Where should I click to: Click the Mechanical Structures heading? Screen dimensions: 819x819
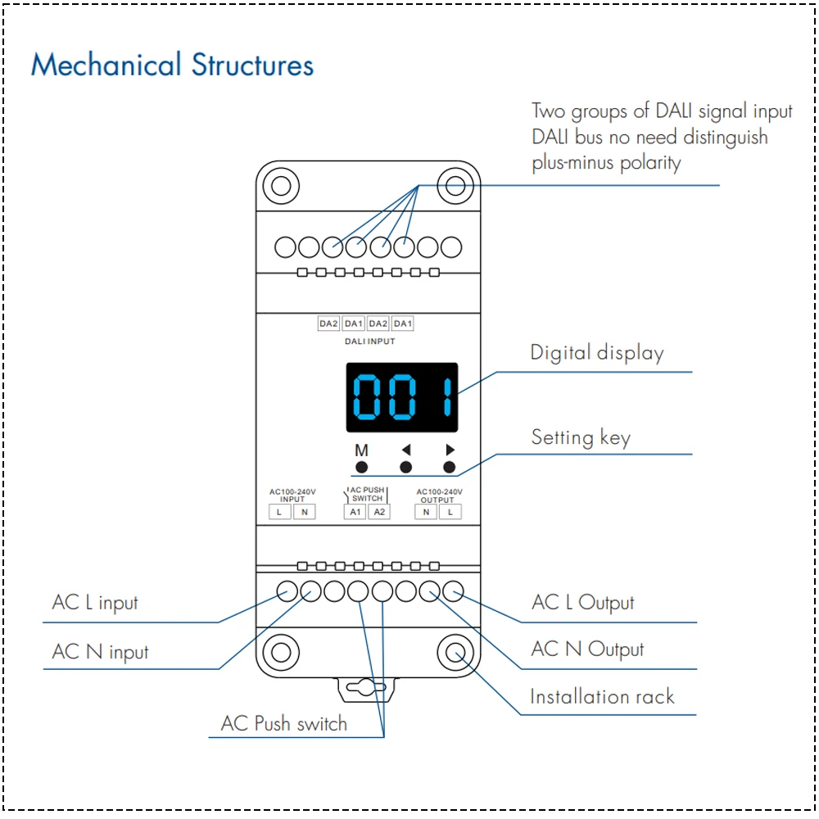click(172, 65)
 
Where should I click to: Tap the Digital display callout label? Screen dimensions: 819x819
click(597, 353)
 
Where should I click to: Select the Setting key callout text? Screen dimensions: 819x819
click(581, 437)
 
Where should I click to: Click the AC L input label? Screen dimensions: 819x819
click(95, 603)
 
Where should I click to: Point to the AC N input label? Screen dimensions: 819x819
click(101, 652)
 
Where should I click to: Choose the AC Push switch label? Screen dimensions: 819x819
click(283, 724)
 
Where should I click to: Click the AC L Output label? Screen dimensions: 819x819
click(583, 603)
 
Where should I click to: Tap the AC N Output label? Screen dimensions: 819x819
click(587, 649)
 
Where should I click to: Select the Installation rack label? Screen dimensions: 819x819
click(602, 697)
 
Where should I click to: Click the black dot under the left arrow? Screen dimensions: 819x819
click(405, 467)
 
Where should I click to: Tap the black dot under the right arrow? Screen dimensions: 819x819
click(449, 467)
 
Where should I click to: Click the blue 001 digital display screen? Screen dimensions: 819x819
click(401, 397)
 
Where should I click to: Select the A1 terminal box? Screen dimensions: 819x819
click(355, 512)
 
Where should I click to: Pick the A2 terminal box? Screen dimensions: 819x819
click(378, 512)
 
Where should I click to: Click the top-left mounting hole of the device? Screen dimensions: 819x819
click(281, 185)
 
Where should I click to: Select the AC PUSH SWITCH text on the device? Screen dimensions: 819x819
click(367, 494)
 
